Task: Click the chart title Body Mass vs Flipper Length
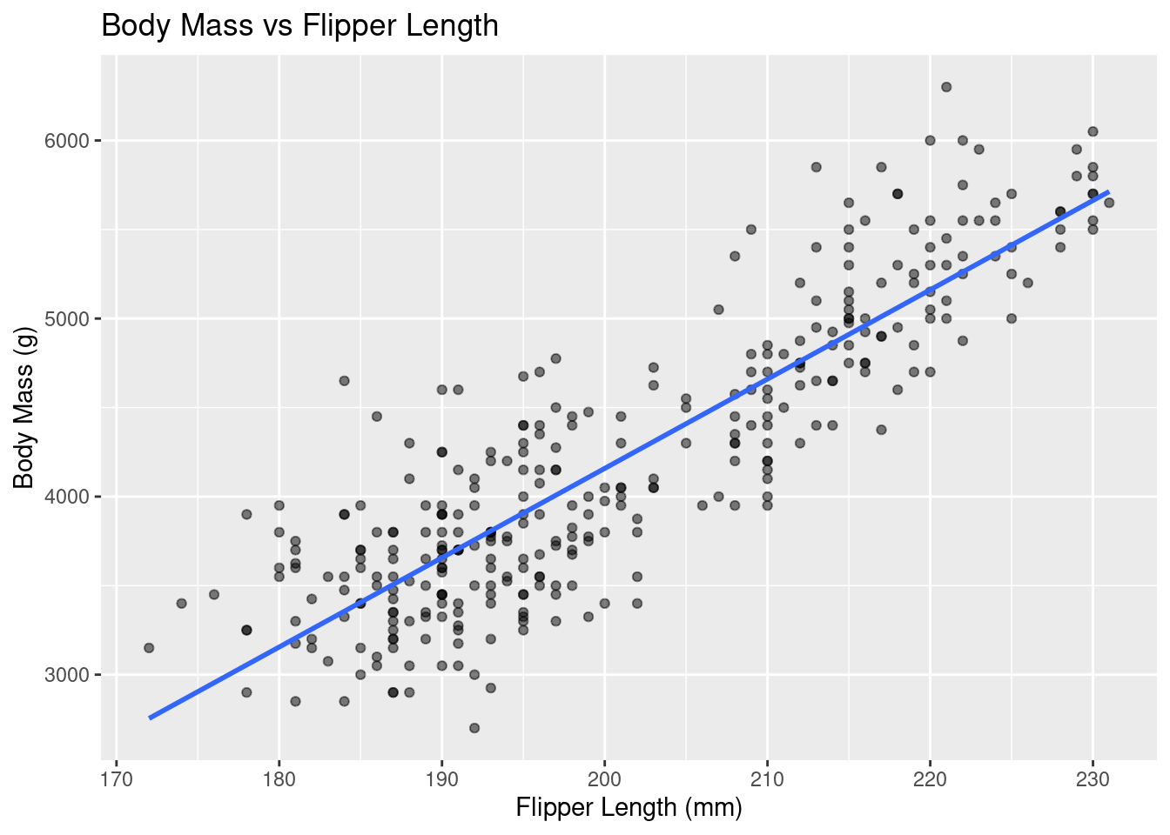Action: pos(299,26)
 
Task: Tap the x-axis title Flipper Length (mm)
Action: pos(629,808)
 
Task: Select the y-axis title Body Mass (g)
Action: pos(24,408)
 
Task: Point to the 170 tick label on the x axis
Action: pos(116,778)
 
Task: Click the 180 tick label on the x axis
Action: pos(279,778)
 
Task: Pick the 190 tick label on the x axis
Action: pos(441,778)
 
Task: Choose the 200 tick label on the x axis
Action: pos(604,778)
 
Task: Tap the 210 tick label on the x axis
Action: pos(767,778)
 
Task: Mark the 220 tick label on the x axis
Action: pos(930,778)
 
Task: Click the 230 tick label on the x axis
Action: pos(1093,778)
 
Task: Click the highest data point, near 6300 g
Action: pos(946,87)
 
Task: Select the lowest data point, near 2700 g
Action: pos(474,728)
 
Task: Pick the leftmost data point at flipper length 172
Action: pos(149,648)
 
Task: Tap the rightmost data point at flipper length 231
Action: pos(1109,203)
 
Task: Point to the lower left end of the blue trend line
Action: pos(150,718)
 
